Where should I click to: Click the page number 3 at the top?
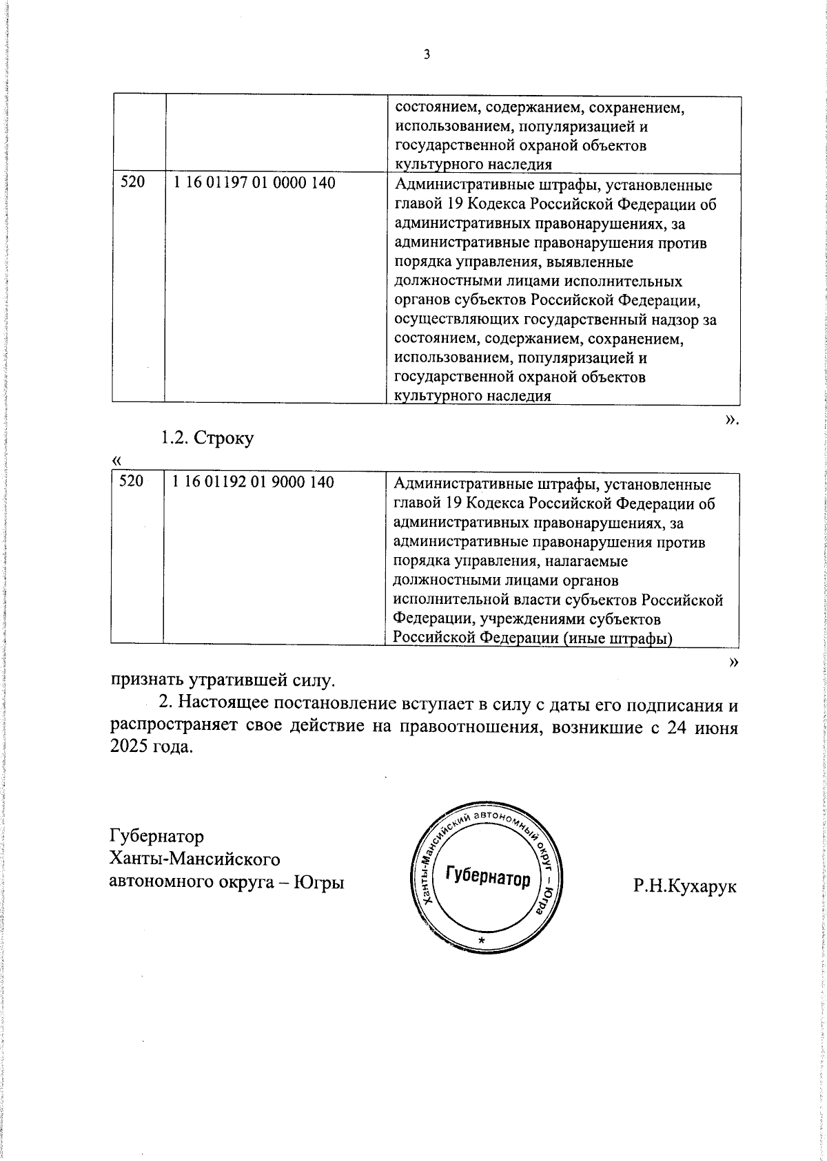coord(427,55)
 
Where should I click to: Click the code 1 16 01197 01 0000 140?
coord(254,183)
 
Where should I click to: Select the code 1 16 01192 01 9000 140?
coord(254,482)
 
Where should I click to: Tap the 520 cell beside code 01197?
coord(133,183)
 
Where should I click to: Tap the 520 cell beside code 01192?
coord(130,481)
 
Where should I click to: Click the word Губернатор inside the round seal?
coord(488,877)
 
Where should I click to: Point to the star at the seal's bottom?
coord(482,941)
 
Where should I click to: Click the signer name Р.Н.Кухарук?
coord(685,886)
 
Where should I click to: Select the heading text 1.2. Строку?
coord(207,438)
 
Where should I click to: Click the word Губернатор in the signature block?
coord(157,836)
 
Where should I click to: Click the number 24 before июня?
coord(675,728)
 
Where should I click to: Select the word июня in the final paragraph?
coord(717,728)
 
